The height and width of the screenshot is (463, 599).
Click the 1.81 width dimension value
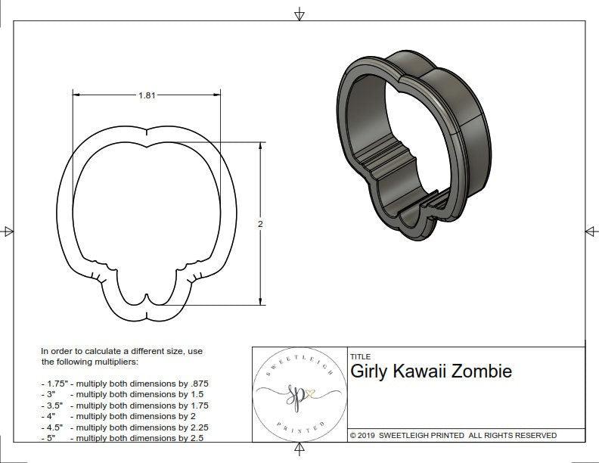(x=147, y=95)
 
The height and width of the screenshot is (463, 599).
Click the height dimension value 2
(x=260, y=224)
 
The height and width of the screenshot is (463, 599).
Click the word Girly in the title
(x=368, y=371)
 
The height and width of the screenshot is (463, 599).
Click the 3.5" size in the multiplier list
(x=54, y=406)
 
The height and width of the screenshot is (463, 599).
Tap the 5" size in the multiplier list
(x=50, y=438)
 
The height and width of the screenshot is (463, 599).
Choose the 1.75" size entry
(x=55, y=384)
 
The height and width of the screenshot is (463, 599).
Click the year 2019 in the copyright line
(x=368, y=436)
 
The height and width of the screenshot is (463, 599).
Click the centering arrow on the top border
(x=299, y=14)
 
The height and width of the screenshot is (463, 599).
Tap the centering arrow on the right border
(x=591, y=231)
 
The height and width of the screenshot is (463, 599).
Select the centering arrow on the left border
(x=8, y=231)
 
